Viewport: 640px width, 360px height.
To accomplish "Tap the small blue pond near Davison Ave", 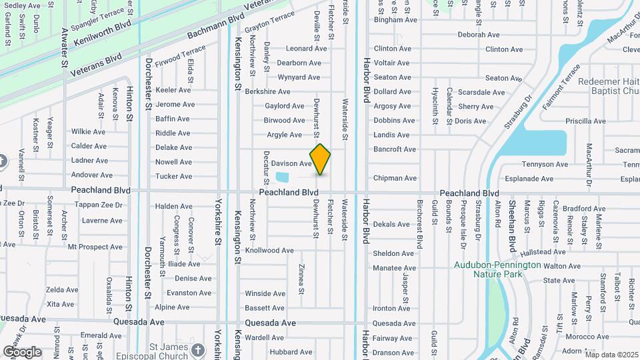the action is (x=282, y=177).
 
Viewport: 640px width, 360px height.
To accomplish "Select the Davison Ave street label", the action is (x=291, y=163).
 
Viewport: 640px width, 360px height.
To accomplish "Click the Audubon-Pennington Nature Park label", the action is (x=498, y=269).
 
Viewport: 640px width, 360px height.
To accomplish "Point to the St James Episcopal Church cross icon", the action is (x=197, y=350).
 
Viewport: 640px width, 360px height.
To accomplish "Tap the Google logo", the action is (x=23, y=352).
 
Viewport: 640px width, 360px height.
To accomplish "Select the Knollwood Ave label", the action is (x=269, y=251).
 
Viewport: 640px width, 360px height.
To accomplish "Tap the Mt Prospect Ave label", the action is (x=95, y=247).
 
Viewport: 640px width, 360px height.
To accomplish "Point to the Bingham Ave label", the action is (x=395, y=20).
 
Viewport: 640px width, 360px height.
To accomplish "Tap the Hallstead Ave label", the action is (x=543, y=251).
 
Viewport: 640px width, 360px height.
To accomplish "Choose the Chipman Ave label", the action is (x=395, y=178).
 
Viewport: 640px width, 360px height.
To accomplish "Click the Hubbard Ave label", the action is (x=291, y=352).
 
